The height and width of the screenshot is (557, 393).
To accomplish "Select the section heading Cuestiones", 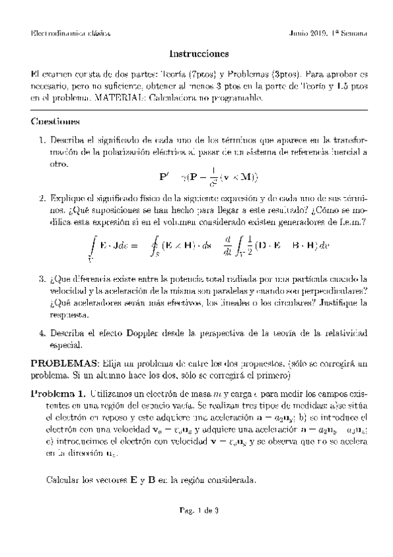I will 56,122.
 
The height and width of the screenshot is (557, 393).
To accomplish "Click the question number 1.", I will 41,141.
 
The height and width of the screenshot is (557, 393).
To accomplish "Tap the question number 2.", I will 41,198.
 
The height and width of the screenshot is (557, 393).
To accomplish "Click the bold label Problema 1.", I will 58,394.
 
